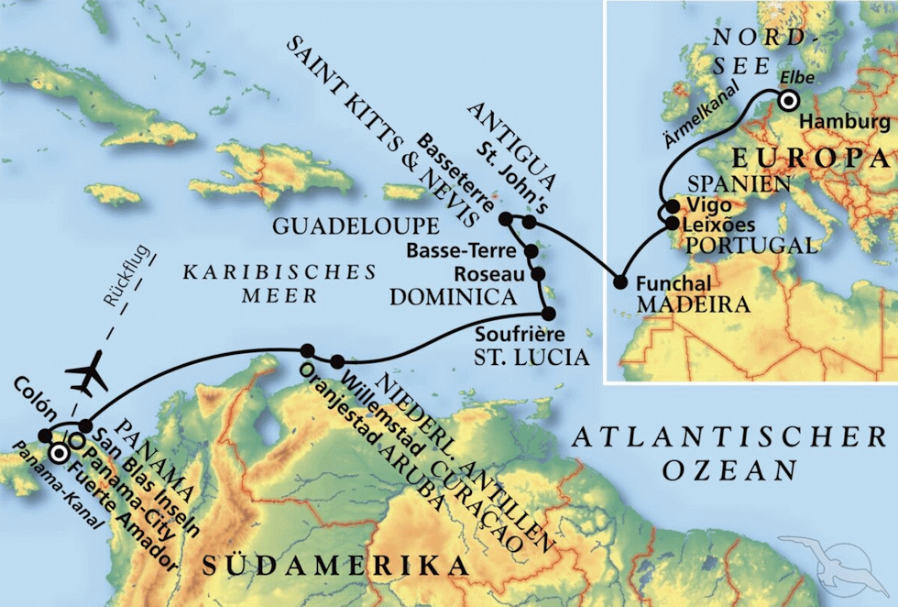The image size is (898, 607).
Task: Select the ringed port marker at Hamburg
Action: click(790, 102)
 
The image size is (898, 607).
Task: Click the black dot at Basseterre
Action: click(505, 218)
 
